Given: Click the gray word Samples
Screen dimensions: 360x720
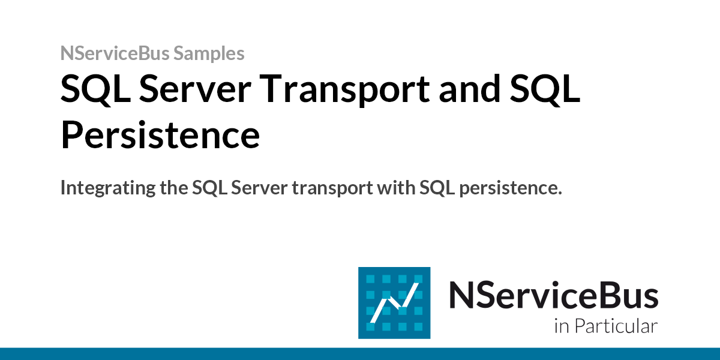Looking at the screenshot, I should click(209, 54).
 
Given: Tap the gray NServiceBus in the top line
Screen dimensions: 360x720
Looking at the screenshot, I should click(115, 54).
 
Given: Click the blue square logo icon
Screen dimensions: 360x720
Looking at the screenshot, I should click(394, 302).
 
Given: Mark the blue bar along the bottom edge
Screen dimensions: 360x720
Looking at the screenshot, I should click(360, 353).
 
